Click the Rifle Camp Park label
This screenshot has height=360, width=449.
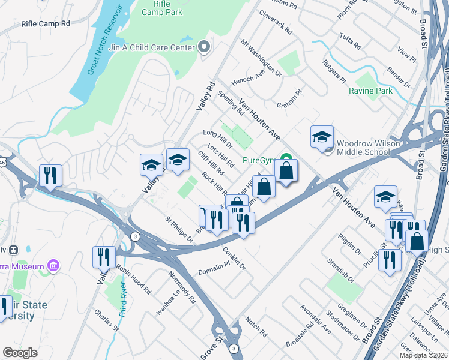[158, 7]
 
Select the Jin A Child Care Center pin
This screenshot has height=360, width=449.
[204, 47]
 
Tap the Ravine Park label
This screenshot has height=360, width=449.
[370, 91]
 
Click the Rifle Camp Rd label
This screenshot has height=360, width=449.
[46, 23]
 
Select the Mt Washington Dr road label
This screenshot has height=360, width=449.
[261, 58]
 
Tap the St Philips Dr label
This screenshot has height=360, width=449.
[180, 230]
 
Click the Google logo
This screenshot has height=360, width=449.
[20, 353]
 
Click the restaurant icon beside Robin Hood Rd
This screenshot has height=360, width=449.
[104, 257]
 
